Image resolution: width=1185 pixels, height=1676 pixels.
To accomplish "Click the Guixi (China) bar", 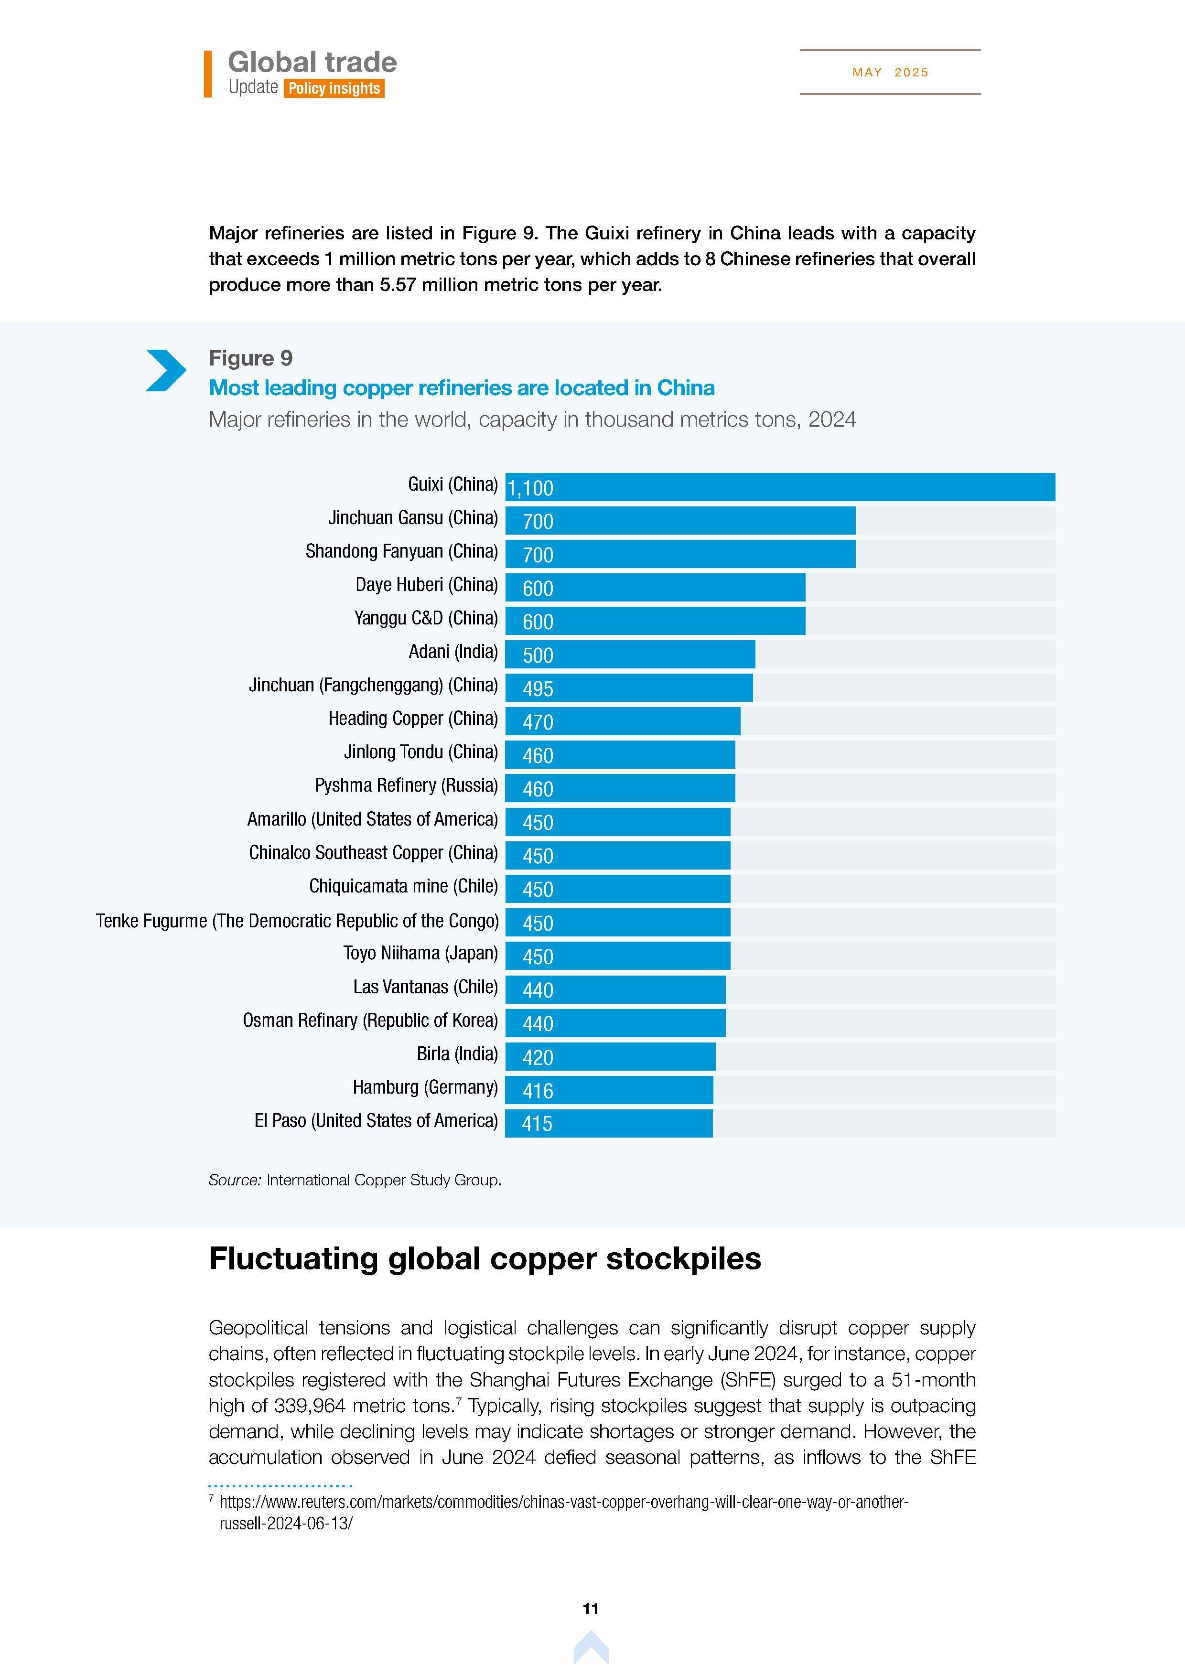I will point(780,487).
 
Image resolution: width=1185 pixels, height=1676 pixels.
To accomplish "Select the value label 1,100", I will point(531,488).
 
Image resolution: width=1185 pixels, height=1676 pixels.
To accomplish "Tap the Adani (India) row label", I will point(452,651).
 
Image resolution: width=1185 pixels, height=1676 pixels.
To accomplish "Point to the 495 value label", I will point(538,688).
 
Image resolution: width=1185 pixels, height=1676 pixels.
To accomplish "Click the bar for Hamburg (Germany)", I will point(609,1090).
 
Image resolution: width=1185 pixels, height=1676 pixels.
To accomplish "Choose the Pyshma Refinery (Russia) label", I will point(406,785).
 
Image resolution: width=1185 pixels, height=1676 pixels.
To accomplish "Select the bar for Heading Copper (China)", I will point(622,721).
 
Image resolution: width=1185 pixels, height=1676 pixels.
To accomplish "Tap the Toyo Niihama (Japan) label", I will point(420,953).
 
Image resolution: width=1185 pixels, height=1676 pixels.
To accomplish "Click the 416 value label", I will point(538,1091).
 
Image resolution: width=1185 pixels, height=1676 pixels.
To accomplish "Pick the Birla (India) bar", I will point(610,1056).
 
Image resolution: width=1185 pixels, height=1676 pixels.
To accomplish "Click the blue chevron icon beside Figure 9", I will point(166,371).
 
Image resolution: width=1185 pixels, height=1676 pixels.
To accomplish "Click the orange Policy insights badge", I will point(334,88).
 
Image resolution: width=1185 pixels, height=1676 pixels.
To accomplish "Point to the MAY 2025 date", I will point(890,72).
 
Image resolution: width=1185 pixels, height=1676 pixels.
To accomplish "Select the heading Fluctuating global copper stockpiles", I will point(485,1258).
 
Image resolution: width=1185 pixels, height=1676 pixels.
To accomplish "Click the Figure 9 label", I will point(250,358).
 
